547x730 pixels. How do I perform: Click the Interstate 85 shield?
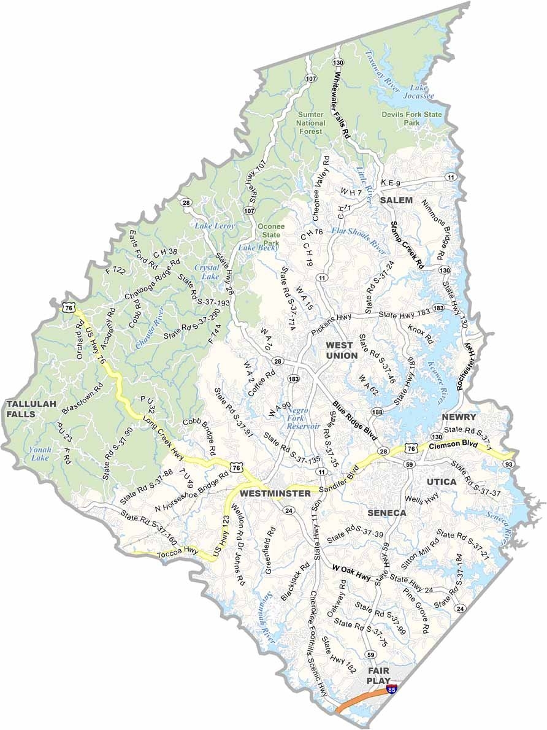pos(391,690)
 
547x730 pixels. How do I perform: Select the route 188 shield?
pos(377,411)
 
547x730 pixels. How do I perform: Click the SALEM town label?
pos(396,201)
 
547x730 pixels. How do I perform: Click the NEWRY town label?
pos(459,417)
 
